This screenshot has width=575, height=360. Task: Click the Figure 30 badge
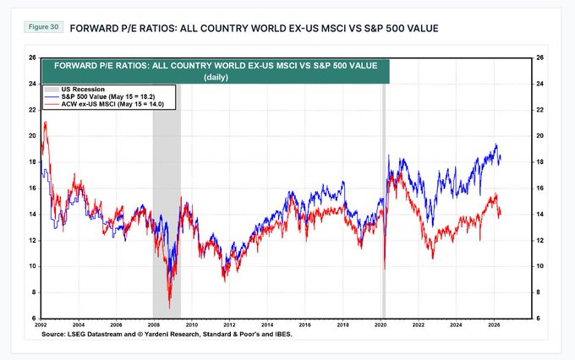point(44,27)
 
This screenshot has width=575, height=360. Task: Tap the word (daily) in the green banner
point(216,78)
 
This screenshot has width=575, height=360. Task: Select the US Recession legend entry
point(74,90)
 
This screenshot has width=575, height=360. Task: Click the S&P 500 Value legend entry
point(100,97)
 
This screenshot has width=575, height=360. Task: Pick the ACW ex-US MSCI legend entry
point(104,104)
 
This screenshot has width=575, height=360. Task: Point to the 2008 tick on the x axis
point(154,325)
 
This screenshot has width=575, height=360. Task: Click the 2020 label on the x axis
point(381,325)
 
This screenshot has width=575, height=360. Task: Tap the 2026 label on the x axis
point(494,325)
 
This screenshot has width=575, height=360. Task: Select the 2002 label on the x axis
point(41,325)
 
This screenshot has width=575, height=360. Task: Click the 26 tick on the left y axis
point(32,57)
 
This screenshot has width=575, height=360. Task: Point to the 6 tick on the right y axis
point(538,319)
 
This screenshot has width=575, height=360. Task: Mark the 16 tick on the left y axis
point(32,188)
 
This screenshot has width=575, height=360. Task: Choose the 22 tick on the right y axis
point(539,110)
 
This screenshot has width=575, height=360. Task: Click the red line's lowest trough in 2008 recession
point(169,308)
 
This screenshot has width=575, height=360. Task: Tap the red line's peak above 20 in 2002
point(45,122)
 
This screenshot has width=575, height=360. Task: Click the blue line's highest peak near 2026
point(496,144)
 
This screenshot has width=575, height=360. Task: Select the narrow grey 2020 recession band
point(384,201)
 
